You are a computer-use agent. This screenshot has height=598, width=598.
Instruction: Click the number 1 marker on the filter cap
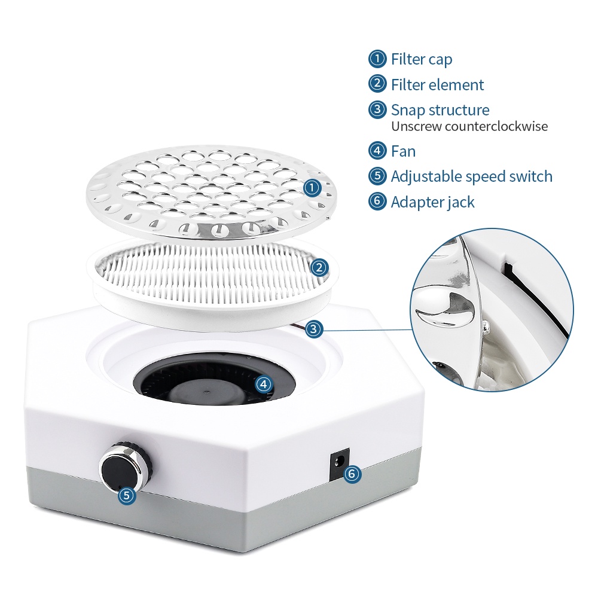coord(312,188)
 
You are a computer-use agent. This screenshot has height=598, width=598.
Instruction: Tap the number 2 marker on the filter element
coord(319,267)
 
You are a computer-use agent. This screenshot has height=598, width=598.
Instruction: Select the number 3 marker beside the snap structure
coord(315,328)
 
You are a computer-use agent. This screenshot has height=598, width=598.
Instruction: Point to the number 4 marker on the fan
coord(263,383)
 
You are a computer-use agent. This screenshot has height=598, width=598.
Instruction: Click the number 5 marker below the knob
coord(126,495)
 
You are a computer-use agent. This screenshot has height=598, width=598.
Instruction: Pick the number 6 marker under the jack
coord(352,474)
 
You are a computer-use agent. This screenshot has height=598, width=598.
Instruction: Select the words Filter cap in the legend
coord(422,59)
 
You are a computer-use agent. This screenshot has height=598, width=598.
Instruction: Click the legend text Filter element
coord(437,85)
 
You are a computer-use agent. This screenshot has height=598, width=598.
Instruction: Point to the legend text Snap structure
coord(440,110)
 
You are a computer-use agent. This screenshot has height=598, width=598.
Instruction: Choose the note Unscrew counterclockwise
coord(469,126)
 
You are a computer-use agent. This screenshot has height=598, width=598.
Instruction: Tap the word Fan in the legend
coord(403,151)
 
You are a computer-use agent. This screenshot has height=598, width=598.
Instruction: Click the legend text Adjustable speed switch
coord(471,176)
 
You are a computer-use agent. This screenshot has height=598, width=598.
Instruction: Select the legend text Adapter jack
coord(432,202)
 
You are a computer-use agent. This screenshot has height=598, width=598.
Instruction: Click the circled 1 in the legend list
coord(377,59)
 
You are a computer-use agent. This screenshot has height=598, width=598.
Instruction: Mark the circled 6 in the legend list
coord(377,202)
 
